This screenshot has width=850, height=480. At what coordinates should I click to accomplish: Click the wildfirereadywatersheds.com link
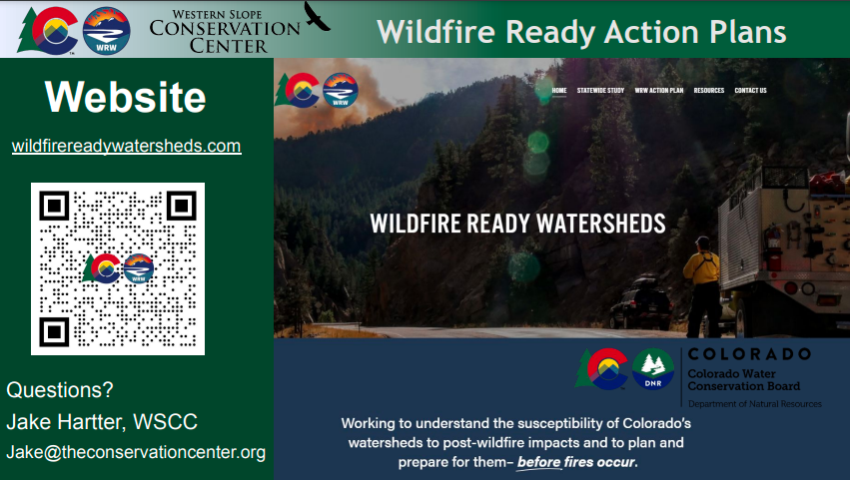126,146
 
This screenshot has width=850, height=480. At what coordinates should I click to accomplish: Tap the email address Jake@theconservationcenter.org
136,452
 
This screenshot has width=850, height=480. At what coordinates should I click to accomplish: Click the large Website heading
125,97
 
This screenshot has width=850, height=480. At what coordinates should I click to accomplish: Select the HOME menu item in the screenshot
559,91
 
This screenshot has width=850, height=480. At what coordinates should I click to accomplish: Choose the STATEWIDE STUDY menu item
600,91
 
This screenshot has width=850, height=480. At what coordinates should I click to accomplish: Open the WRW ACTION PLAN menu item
659,91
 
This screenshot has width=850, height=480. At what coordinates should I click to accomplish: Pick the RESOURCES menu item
709,91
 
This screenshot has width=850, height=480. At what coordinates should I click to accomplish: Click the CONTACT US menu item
750,91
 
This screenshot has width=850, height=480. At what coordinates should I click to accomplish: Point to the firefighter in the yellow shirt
703,287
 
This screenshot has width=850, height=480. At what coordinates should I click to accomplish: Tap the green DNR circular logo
652,369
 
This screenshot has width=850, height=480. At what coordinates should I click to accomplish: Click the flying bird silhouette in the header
316,16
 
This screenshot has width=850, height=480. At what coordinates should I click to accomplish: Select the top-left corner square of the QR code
54,206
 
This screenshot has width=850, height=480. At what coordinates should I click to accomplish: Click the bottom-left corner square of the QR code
54,331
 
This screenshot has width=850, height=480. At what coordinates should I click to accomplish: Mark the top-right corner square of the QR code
181,206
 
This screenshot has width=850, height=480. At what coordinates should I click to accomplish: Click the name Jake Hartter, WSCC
102,421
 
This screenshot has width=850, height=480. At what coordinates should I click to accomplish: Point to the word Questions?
60,389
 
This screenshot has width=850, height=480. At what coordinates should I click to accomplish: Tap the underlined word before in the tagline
538,462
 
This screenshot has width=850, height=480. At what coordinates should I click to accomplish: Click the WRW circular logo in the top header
106,31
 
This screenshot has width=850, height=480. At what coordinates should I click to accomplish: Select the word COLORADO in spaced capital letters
749,354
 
